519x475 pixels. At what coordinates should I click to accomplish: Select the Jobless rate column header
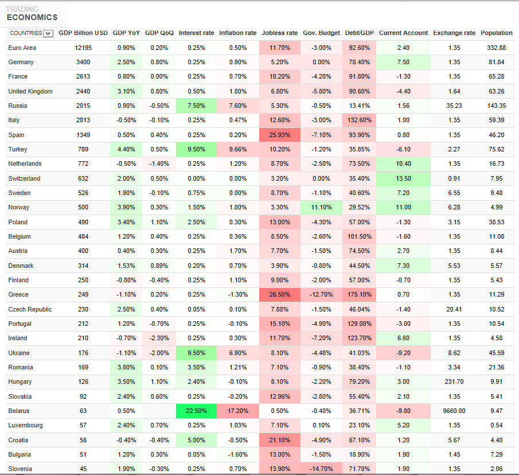[279, 33]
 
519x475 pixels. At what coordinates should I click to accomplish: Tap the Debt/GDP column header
[360, 33]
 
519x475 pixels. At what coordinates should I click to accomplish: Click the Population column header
[496, 33]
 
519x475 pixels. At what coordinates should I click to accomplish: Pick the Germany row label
[21, 62]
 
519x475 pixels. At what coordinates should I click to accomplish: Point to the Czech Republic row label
[30, 309]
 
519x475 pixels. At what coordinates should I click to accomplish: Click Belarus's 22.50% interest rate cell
[196, 411]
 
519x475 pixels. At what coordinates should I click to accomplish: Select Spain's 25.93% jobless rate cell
[279, 135]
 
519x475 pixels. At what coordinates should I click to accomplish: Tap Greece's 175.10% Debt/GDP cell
[360, 294]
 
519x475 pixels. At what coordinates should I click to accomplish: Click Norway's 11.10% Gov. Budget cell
[321, 207]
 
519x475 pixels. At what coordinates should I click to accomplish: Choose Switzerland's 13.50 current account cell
[403, 178]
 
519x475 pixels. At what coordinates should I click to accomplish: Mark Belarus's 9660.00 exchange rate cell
[454, 411]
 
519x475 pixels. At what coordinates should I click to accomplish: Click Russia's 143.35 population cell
[496, 106]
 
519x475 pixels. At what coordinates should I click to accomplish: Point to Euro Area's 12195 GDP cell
[83, 48]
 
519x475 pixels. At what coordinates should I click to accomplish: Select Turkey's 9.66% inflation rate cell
[237, 149]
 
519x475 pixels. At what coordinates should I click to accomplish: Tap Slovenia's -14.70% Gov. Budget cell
[321, 469]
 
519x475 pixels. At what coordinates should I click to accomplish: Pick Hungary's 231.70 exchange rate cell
[454, 381]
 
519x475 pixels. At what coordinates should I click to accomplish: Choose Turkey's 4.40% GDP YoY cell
[126, 149]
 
